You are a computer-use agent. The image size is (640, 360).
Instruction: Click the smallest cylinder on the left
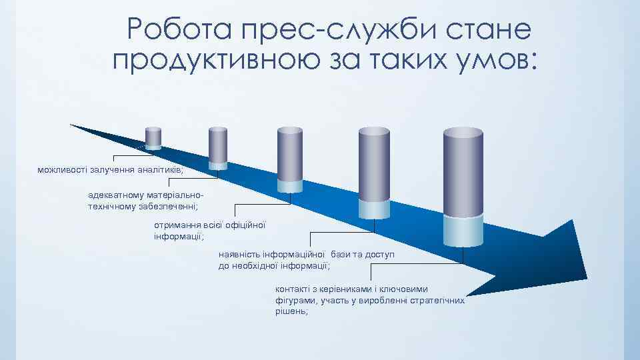[x=153, y=137]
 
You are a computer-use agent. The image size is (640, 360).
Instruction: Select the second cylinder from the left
[x=218, y=147]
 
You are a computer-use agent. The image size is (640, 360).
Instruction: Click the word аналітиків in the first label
[x=156, y=171]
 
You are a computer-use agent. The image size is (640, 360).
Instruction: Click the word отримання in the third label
[x=175, y=225]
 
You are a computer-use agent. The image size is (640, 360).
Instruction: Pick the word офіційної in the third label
[x=246, y=225]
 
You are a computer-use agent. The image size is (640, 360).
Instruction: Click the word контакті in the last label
[x=293, y=289]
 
